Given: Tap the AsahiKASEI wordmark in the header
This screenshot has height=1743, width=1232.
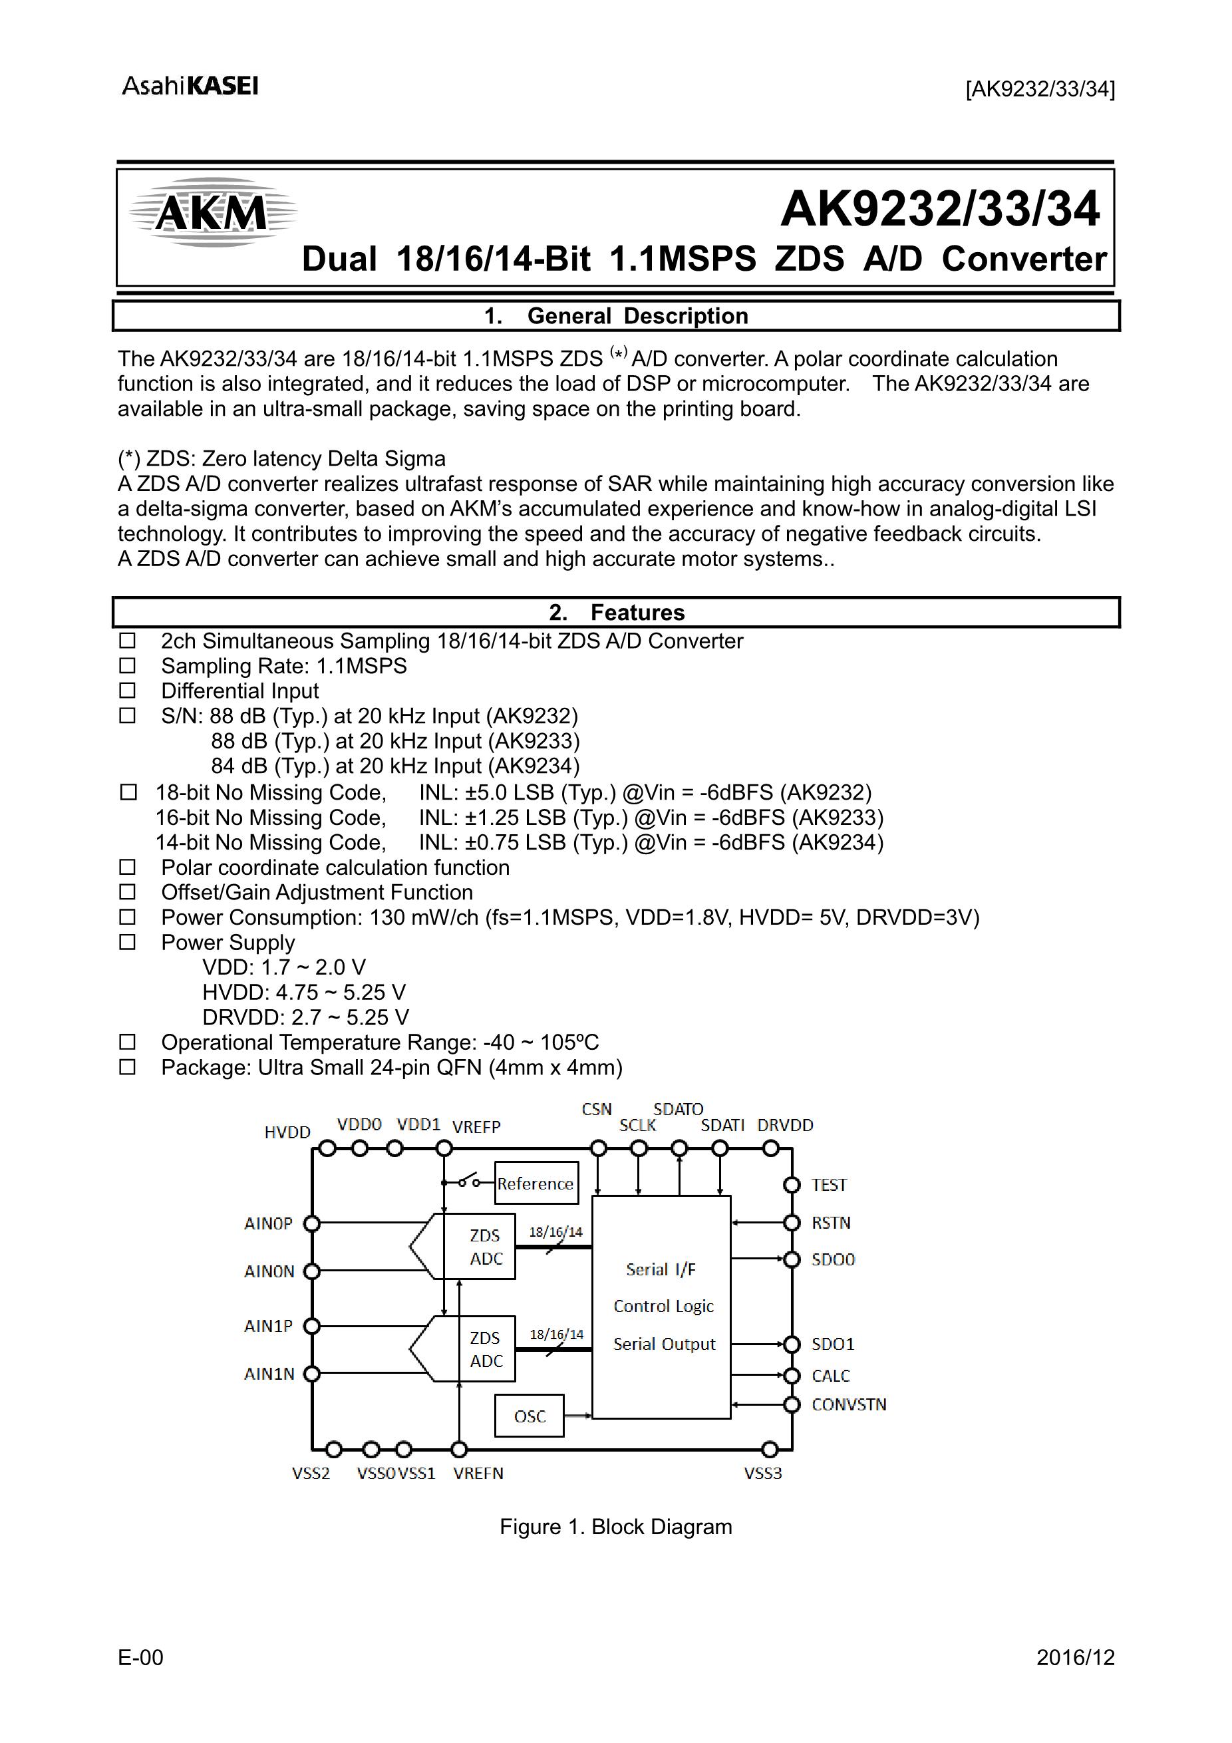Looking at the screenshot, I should pos(190,86).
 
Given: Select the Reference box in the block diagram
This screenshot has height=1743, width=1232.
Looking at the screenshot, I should pos(536,1184).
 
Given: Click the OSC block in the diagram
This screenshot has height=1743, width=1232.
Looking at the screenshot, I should pos(529,1416).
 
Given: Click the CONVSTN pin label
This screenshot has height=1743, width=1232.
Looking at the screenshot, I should pos(849,1404).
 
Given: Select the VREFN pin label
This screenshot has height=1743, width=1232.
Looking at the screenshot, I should pos(478,1474).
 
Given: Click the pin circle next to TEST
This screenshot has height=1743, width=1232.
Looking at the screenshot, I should pos(792,1185).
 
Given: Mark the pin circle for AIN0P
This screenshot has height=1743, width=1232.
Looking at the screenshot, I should pos(311,1223).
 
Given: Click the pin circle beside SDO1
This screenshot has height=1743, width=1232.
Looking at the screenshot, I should pos(792,1345).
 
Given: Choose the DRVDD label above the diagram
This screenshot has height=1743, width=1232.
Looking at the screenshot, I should pos(785,1125).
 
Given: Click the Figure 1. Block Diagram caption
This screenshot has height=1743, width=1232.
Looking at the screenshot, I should pos(615,1527).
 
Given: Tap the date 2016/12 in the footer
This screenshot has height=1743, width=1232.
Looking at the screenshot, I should pos(1075,1657).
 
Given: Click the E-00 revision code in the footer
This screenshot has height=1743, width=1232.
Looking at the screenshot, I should pos(140,1657).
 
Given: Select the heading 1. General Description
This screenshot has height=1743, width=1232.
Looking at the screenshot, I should pos(615,316).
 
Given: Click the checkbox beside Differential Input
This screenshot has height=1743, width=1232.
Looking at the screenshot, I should pos(128,691).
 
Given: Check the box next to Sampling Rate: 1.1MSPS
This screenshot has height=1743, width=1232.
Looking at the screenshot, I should pos(128,666).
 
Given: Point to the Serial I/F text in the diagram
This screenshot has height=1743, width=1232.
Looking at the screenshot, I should pos(661,1269).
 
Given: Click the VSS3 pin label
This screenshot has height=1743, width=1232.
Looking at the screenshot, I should pos(762,1474).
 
